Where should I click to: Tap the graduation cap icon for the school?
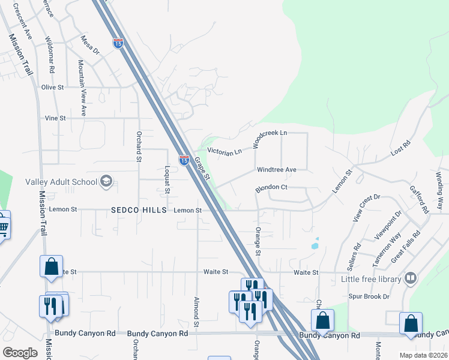(x=106, y=182)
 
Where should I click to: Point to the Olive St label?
(x=52, y=87)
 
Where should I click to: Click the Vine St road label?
(x=55, y=118)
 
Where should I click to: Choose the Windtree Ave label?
(x=277, y=170)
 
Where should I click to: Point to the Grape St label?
(x=201, y=168)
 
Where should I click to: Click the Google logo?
(x=20, y=352)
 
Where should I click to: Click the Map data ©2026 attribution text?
(x=423, y=355)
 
